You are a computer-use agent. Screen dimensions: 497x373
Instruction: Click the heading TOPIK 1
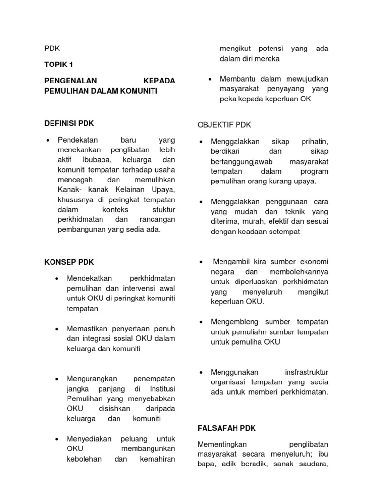(59, 64)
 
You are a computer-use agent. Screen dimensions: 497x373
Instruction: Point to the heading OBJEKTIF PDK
(224, 125)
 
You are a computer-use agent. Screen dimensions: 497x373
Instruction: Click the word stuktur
(163, 209)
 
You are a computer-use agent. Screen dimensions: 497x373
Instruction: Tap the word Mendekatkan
(89, 278)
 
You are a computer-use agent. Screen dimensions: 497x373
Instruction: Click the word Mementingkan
(223, 444)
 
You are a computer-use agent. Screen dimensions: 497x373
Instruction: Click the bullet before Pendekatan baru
(48, 141)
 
